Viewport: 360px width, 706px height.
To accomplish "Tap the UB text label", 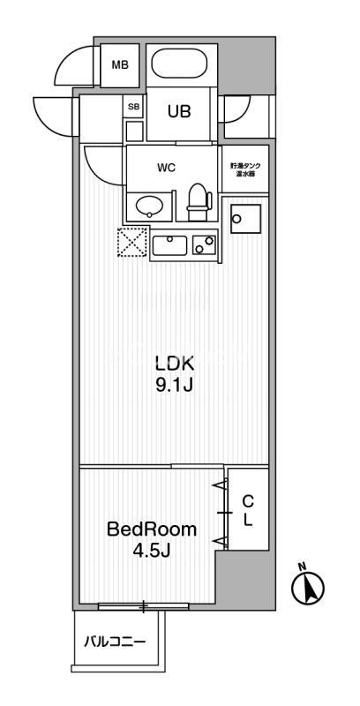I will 179,112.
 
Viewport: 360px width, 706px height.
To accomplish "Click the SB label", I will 134,107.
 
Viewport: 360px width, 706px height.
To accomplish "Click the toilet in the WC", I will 199,202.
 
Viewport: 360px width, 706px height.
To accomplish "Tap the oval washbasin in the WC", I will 147,207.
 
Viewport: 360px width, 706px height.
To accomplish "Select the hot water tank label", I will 244,168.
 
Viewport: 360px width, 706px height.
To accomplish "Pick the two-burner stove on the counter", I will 205,244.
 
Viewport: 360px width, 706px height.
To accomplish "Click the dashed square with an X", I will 132,243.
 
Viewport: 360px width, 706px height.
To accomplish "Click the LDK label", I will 174,363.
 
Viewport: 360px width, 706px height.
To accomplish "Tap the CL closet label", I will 247,510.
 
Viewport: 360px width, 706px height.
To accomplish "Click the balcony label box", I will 116,641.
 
